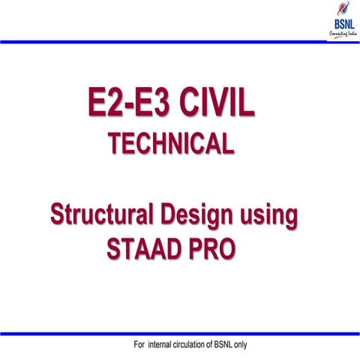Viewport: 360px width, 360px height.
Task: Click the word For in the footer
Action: pos(139,345)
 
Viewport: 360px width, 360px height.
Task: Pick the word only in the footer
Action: pos(263,345)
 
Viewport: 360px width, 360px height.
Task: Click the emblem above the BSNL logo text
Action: pos(339,10)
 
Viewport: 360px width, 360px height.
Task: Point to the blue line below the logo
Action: pos(180,42)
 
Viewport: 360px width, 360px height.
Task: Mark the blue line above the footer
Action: pos(180,332)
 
